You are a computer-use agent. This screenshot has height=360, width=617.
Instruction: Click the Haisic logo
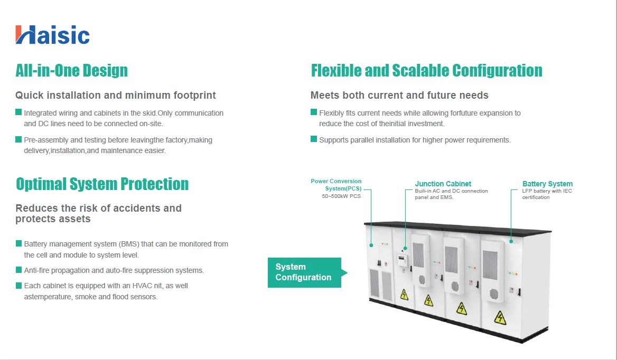pyautogui.click(x=52, y=35)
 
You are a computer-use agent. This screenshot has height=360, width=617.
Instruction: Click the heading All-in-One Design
pyautogui.click(x=71, y=70)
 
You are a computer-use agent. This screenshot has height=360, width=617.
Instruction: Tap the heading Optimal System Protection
pyautogui.click(x=102, y=184)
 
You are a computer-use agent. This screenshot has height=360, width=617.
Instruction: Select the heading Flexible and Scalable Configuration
pyautogui.click(x=426, y=70)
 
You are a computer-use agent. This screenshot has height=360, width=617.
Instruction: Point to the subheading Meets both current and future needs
pyautogui.click(x=399, y=96)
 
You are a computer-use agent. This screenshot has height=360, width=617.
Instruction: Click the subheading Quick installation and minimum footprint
pyautogui.click(x=116, y=96)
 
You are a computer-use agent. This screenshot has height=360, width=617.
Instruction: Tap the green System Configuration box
pyautogui.click(x=305, y=272)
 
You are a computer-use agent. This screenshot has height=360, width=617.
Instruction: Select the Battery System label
pyautogui.click(x=547, y=184)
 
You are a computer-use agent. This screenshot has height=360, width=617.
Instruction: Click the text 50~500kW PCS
pyautogui.click(x=341, y=196)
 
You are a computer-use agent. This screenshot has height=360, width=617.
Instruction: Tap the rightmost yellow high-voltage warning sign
pyautogui.click(x=499, y=317)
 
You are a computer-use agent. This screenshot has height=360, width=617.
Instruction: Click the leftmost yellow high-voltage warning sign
pyautogui.click(x=404, y=294)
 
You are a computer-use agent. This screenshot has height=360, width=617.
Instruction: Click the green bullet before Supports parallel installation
pyautogui.click(x=314, y=140)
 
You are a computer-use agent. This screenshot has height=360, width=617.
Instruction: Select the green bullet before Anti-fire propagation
pyautogui.click(x=19, y=270)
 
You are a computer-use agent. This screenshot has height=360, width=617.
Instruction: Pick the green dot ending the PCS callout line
pyautogui.click(x=371, y=245)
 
